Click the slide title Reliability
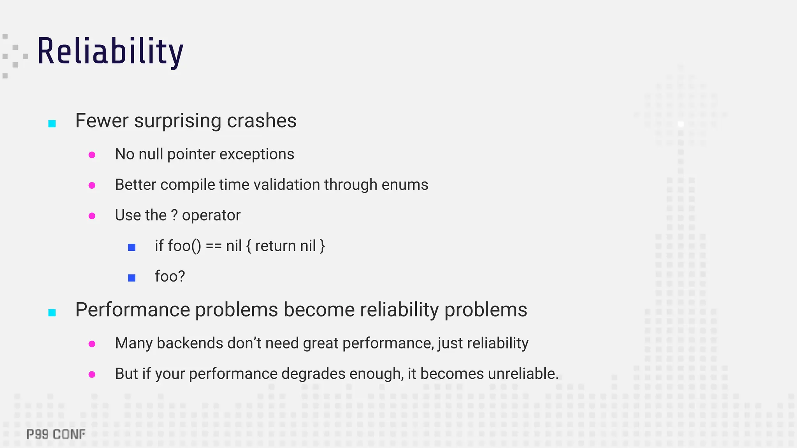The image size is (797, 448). click(110, 52)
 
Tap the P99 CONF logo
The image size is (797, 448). click(56, 434)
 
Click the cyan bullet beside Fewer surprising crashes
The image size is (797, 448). click(52, 124)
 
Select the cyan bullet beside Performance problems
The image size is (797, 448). click(52, 313)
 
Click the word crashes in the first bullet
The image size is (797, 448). click(262, 121)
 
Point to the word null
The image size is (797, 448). click(151, 154)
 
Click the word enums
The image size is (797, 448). click(405, 185)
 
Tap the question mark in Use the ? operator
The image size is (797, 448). click(174, 215)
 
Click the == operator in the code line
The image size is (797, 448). click(214, 246)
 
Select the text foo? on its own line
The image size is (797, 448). click(170, 276)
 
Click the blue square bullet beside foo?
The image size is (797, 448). click(132, 278)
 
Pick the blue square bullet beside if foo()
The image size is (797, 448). click(132, 247)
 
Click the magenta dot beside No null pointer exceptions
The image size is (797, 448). click(92, 155)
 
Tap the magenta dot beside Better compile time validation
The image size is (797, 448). click(92, 185)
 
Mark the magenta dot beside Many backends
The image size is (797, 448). click(92, 344)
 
